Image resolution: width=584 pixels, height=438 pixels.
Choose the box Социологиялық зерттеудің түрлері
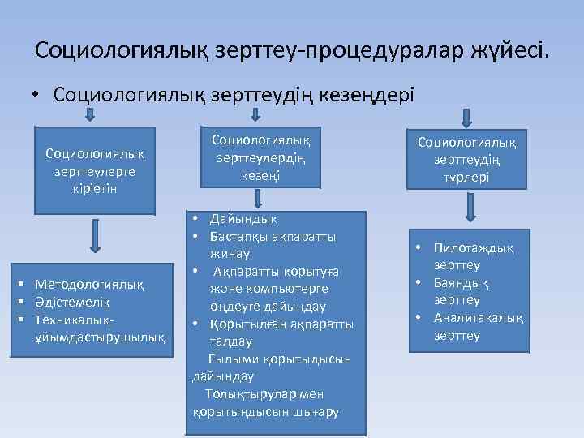tap(472, 160)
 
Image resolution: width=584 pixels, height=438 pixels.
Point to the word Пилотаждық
tap(473, 249)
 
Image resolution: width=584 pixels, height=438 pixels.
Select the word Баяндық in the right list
tap(461, 283)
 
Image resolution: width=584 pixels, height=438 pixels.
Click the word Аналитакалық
tap(479, 318)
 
